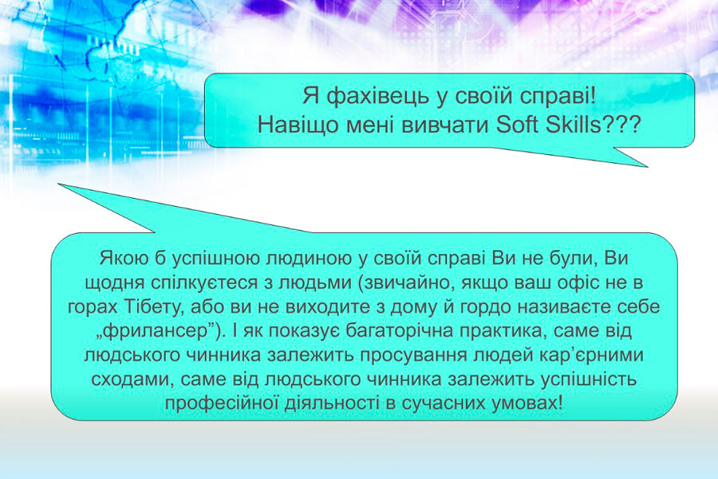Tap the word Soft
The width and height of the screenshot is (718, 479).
517,125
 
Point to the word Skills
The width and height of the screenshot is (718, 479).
573,125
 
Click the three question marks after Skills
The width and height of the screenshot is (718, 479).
621,125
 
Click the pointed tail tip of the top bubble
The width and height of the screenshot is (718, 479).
647,166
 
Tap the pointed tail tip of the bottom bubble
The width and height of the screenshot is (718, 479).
59,184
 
